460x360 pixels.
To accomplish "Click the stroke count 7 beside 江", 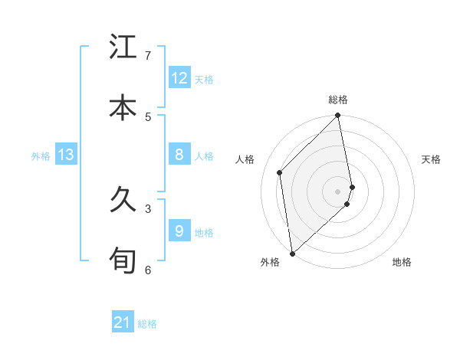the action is (148, 56).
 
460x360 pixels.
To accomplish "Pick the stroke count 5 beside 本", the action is (148, 116).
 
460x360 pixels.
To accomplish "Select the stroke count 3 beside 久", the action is (148, 208).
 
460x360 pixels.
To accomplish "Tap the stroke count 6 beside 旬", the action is (148, 269).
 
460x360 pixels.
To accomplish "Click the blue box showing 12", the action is (179, 78).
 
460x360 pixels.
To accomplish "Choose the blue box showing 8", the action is (179, 155).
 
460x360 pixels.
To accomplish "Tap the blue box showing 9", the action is (179, 231).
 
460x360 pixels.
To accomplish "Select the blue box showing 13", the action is (66, 155).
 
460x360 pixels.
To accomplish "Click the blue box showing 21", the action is (123, 322).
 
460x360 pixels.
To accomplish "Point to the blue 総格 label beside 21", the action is (147, 324).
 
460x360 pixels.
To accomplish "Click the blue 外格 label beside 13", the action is (41, 156).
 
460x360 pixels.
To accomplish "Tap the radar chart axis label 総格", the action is (338, 100).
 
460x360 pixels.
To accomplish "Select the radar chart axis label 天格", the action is (432, 159).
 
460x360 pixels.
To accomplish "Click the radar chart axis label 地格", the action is (402, 262).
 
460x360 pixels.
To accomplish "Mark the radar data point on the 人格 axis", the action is (280, 172).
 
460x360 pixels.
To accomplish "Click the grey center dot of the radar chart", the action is (338, 191).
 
